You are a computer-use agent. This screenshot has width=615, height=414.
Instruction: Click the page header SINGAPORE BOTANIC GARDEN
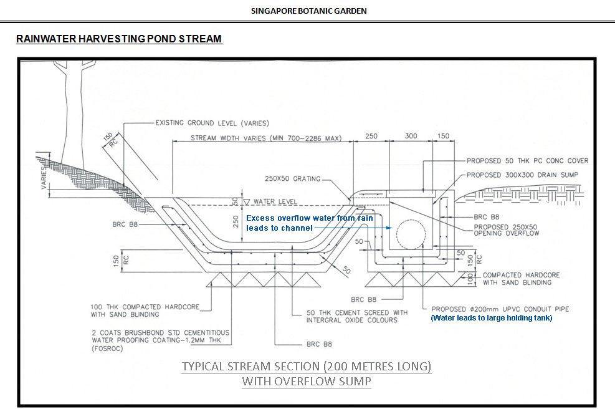coord(308,11)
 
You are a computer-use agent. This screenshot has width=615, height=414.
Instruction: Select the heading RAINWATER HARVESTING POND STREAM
coord(119,39)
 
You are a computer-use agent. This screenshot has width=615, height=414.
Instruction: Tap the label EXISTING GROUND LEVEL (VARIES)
coord(212,123)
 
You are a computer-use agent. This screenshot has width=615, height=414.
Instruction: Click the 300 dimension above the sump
coord(411,136)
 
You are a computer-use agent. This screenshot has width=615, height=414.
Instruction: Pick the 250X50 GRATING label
coord(292,179)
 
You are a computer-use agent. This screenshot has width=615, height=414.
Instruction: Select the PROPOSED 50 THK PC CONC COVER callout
coord(527,161)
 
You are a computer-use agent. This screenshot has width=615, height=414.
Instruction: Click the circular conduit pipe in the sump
coord(407,236)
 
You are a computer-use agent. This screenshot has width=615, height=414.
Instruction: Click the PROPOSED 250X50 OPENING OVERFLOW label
coord(507,230)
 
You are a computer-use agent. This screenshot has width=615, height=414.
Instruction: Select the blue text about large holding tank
coord(491,318)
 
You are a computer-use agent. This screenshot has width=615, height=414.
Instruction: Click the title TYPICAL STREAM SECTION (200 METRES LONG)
coord(306,366)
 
